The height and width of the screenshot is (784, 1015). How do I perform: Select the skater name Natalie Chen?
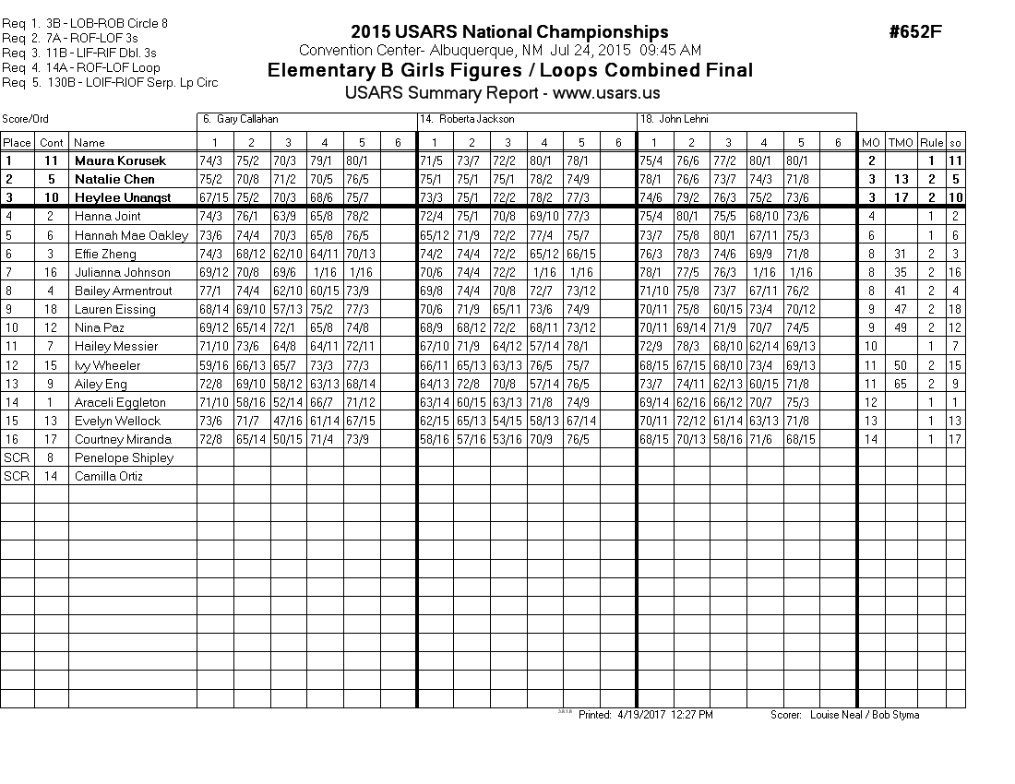(x=114, y=179)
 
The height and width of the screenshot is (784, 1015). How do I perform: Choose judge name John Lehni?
(x=685, y=120)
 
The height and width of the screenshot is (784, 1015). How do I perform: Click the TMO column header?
(x=901, y=143)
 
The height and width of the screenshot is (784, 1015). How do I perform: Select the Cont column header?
(x=52, y=143)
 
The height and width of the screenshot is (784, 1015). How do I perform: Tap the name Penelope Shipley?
(x=124, y=457)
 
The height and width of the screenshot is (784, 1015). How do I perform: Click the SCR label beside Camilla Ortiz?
(x=17, y=477)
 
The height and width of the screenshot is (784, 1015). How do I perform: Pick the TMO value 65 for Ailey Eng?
(x=901, y=384)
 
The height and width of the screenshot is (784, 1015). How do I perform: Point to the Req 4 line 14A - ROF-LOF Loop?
(x=81, y=67)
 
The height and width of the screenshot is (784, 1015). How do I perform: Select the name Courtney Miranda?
(x=123, y=439)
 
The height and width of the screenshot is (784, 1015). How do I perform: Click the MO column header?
(x=870, y=143)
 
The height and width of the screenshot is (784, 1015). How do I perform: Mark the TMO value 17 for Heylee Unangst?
(x=901, y=197)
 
